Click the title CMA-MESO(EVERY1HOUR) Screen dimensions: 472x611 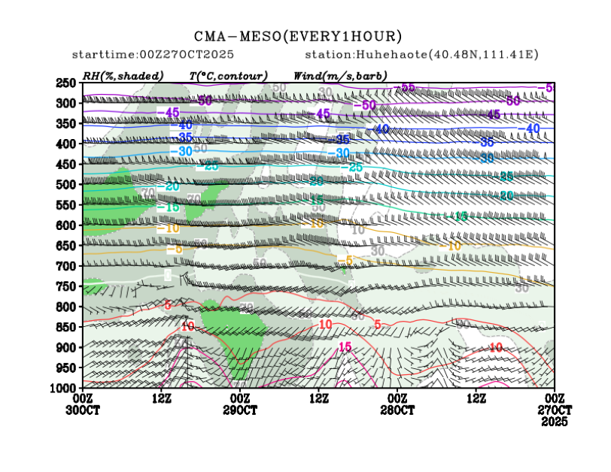tap(298, 36)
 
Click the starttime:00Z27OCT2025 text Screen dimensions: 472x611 tap(153, 56)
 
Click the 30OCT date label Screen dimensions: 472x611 tap(82, 410)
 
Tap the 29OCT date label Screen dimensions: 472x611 tap(240, 410)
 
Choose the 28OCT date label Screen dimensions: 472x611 tap(397, 410)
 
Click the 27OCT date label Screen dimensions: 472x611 tap(555, 410)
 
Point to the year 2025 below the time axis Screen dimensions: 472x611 tap(555, 422)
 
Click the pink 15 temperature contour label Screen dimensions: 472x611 tap(345, 346)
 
